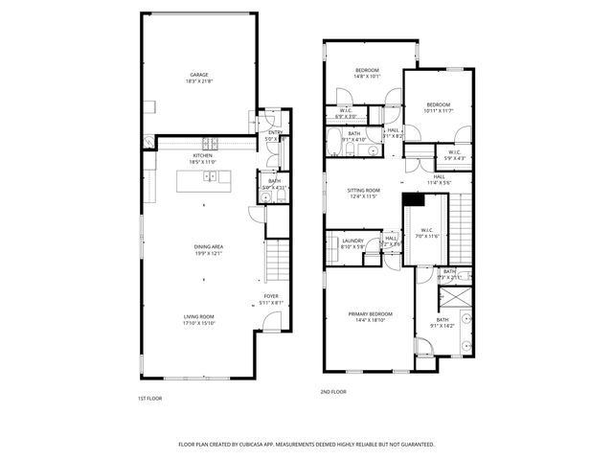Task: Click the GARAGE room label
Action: tap(198, 75)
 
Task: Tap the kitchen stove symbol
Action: tap(213, 146)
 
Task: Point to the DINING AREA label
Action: tap(208, 246)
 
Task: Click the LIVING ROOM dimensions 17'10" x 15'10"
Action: tap(199, 323)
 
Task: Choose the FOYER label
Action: tap(271, 296)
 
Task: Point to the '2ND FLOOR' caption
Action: tap(332, 391)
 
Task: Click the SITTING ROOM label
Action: tap(363, 190)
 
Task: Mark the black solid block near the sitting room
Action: tap(412, 199)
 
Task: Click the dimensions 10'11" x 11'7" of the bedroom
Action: tap(438, 111)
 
